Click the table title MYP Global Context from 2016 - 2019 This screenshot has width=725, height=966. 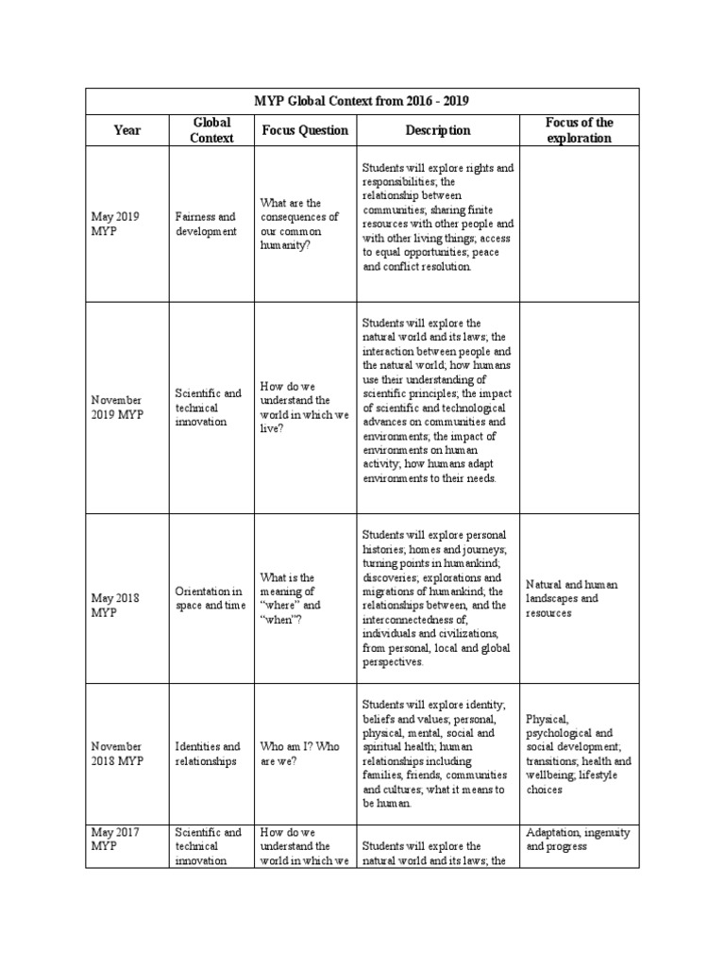click(x=362, y=101)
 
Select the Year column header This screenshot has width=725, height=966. click(x=126, y=130)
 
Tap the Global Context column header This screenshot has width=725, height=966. click(x=211, y=130)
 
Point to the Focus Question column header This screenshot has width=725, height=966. click(x=304, y=130)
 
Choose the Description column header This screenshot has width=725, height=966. click(x=437, y=130)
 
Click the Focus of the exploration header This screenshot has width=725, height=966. click(x=579, y=130)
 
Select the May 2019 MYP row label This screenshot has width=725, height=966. click(x=115, y=224)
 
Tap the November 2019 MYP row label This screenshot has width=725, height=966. click(x=117, y=408)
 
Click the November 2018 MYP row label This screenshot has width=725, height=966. click(x=117, y=754)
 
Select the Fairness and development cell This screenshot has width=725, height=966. click(x=207, y=224)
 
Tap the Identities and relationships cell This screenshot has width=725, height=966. click(x=208, y=754)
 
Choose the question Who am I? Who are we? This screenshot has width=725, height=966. click(x=299, y=754)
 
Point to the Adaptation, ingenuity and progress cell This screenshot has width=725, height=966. click(x=578, y=840)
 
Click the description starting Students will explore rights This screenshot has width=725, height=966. click(x=438, y=218)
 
